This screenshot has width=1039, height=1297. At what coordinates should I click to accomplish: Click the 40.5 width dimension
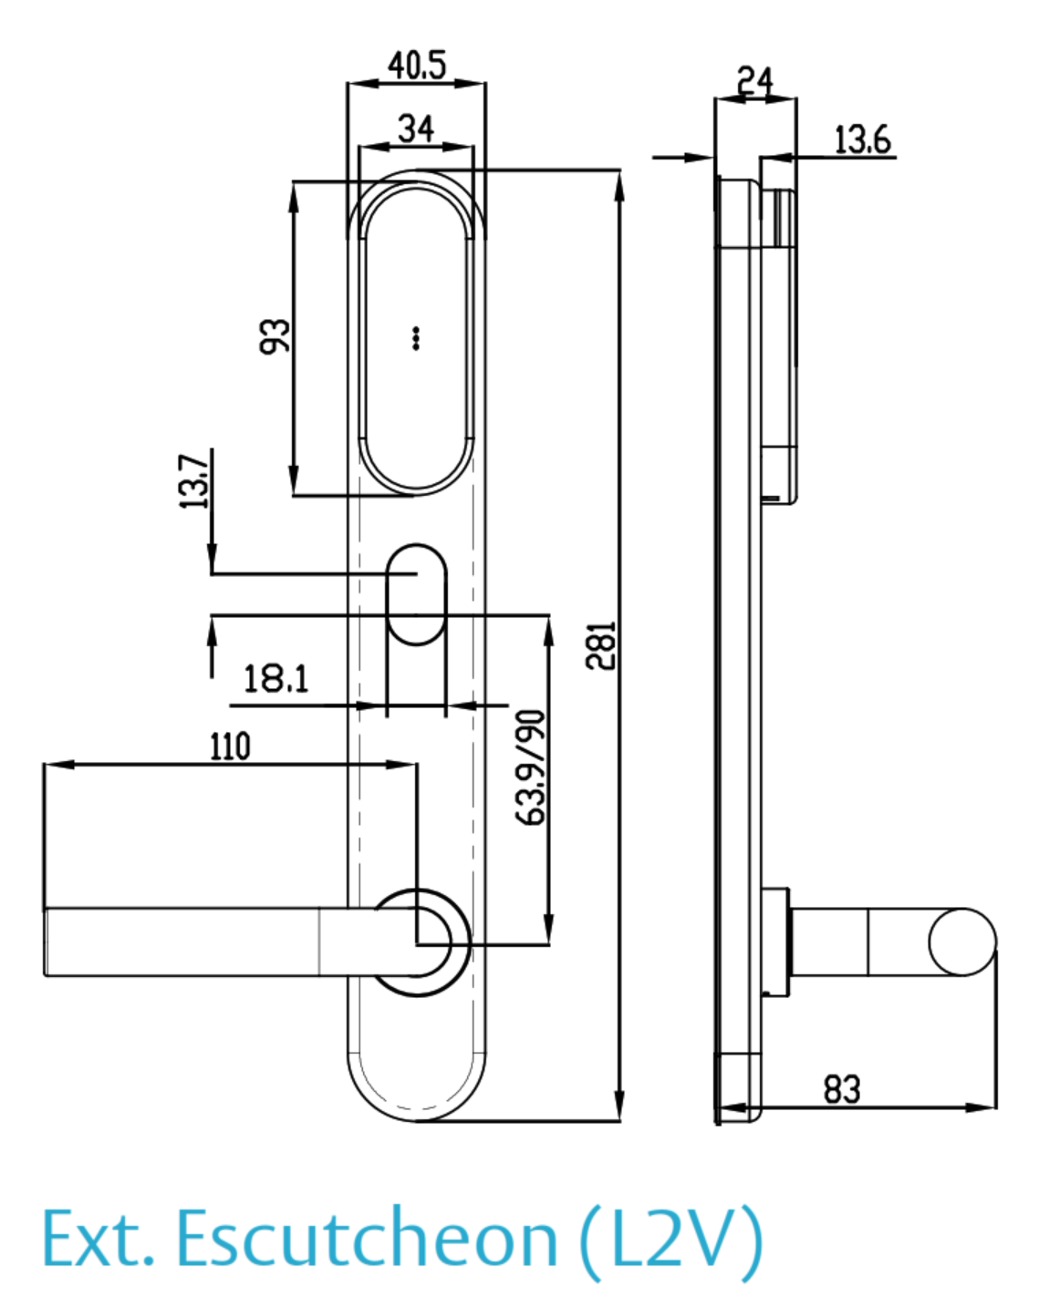(417, 66)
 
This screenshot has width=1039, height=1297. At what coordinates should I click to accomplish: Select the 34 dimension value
(416, 128)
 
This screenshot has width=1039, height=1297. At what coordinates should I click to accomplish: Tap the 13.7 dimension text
(194, 480)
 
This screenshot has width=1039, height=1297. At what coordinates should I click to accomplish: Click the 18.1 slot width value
(275, 679)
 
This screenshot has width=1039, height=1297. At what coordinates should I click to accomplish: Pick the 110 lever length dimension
(230, 746)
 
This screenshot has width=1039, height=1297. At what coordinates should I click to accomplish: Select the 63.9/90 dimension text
(531, 767)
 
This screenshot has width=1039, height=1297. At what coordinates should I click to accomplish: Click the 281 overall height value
(601, 645)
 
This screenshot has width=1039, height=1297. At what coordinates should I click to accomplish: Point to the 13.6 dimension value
(862, 139)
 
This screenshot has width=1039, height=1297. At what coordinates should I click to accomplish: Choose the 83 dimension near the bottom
(841, 1089)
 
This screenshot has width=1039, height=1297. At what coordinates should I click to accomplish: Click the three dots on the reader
(416, 338)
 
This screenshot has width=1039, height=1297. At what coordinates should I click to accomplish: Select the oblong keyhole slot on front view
(417, 594)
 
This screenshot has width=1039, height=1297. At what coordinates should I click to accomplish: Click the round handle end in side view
(962, 942)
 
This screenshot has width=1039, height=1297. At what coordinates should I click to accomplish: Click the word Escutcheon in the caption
(366, 1239)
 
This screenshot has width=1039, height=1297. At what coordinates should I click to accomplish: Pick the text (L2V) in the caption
(671, 1239)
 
